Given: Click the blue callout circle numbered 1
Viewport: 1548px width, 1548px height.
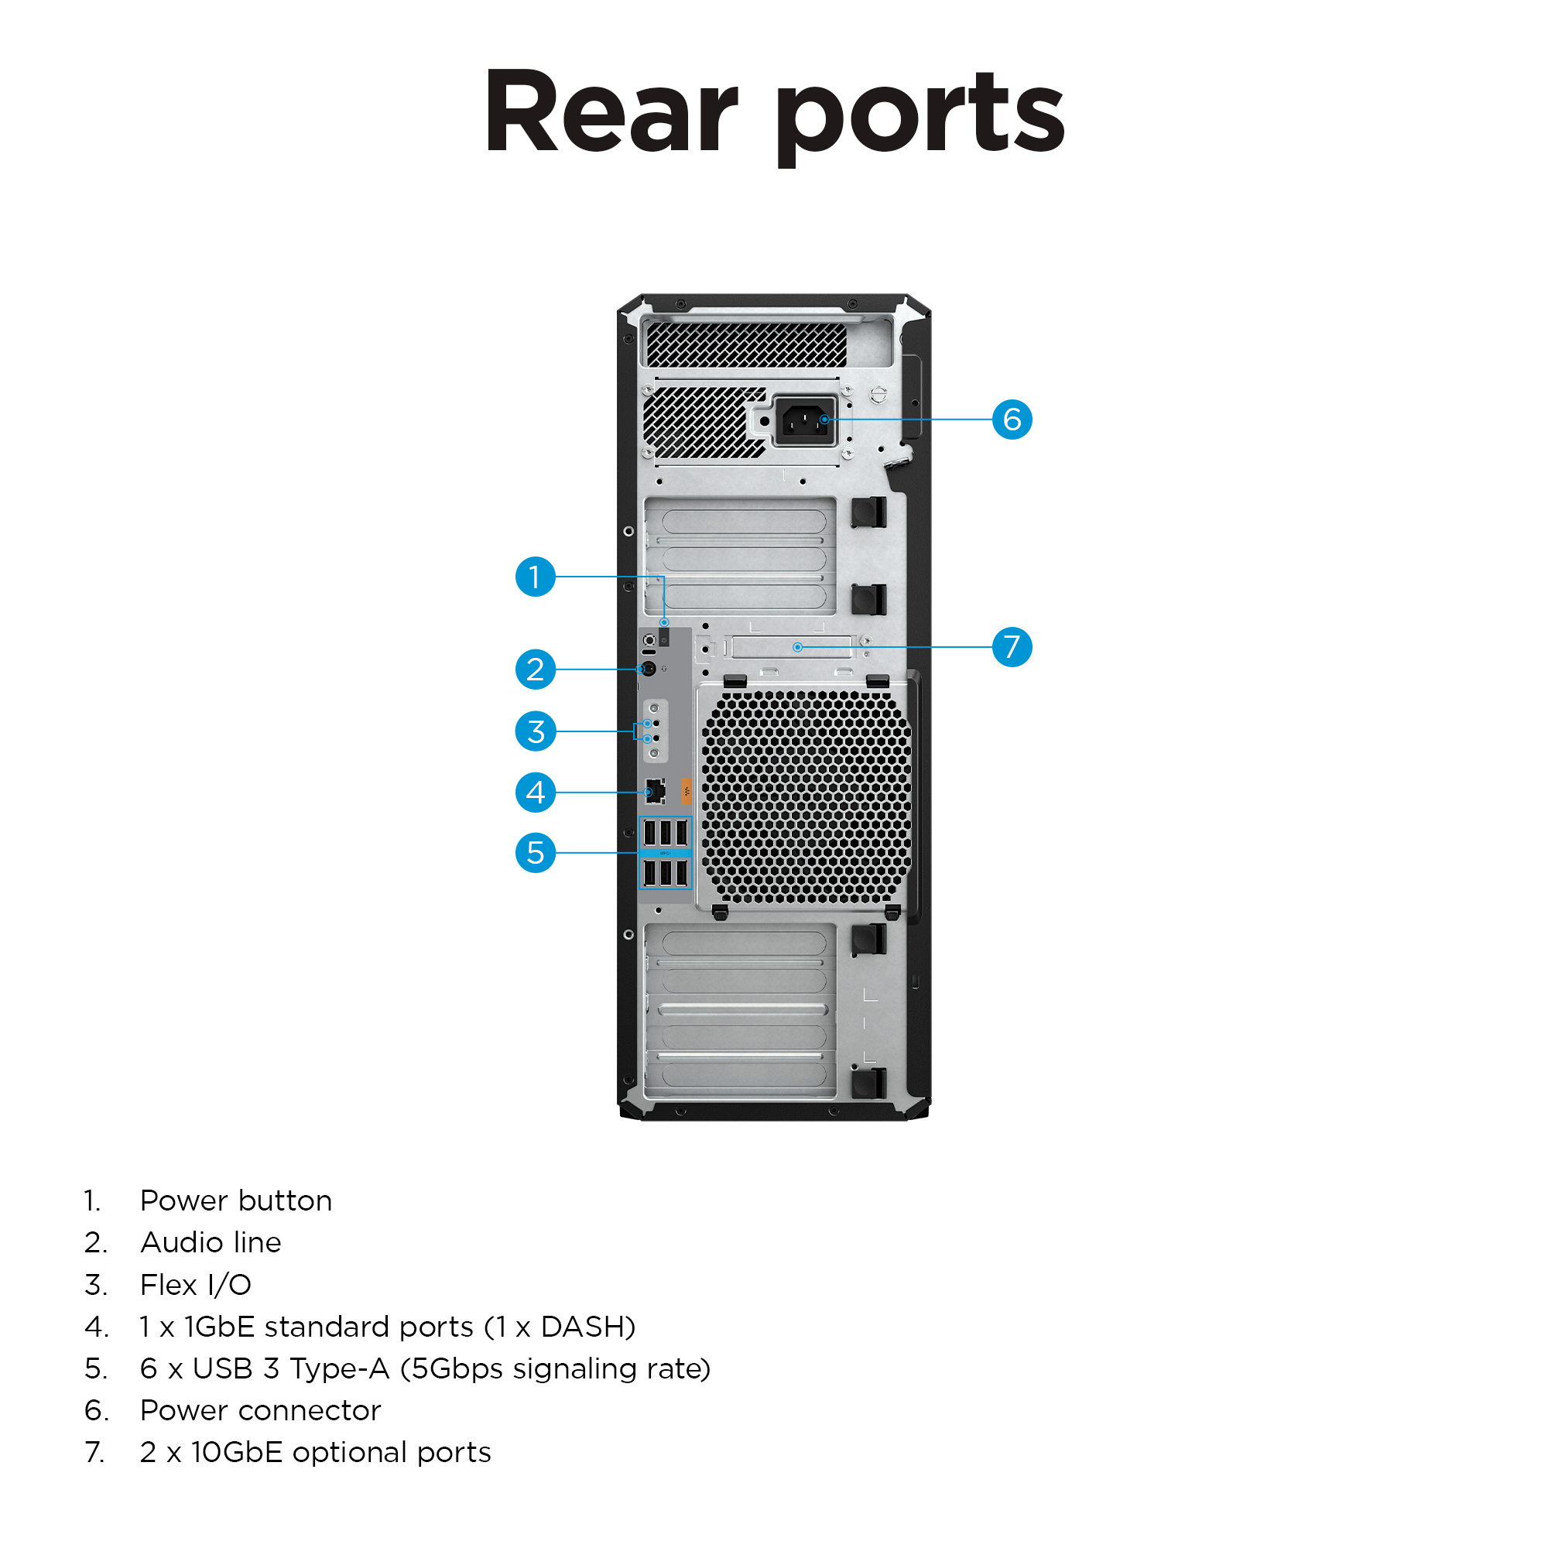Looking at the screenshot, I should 536,577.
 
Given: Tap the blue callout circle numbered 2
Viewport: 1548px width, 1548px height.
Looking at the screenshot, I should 536,669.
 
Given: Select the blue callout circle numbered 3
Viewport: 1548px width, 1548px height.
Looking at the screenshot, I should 536,731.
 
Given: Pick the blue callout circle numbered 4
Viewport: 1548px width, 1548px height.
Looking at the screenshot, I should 536,793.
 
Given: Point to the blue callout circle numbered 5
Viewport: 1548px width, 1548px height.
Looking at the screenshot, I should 536,852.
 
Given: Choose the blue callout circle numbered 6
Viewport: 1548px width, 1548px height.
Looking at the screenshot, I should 1012,419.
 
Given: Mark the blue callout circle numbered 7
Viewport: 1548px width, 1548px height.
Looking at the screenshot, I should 1012,646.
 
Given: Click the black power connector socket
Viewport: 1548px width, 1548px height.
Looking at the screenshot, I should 805,420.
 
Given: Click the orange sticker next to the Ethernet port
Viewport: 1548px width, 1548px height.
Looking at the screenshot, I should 686,792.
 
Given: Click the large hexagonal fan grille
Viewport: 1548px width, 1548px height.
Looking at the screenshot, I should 806,797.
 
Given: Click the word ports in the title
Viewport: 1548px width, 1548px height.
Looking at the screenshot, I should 919,116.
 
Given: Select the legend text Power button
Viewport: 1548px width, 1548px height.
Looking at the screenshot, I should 235,1201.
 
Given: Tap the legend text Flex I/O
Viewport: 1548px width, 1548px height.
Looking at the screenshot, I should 196,1285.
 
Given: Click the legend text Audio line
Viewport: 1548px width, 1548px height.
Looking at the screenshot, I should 211,1243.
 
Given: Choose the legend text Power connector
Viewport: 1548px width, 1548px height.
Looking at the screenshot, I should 260,1411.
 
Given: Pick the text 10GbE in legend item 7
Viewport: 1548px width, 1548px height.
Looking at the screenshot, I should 236,1453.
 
